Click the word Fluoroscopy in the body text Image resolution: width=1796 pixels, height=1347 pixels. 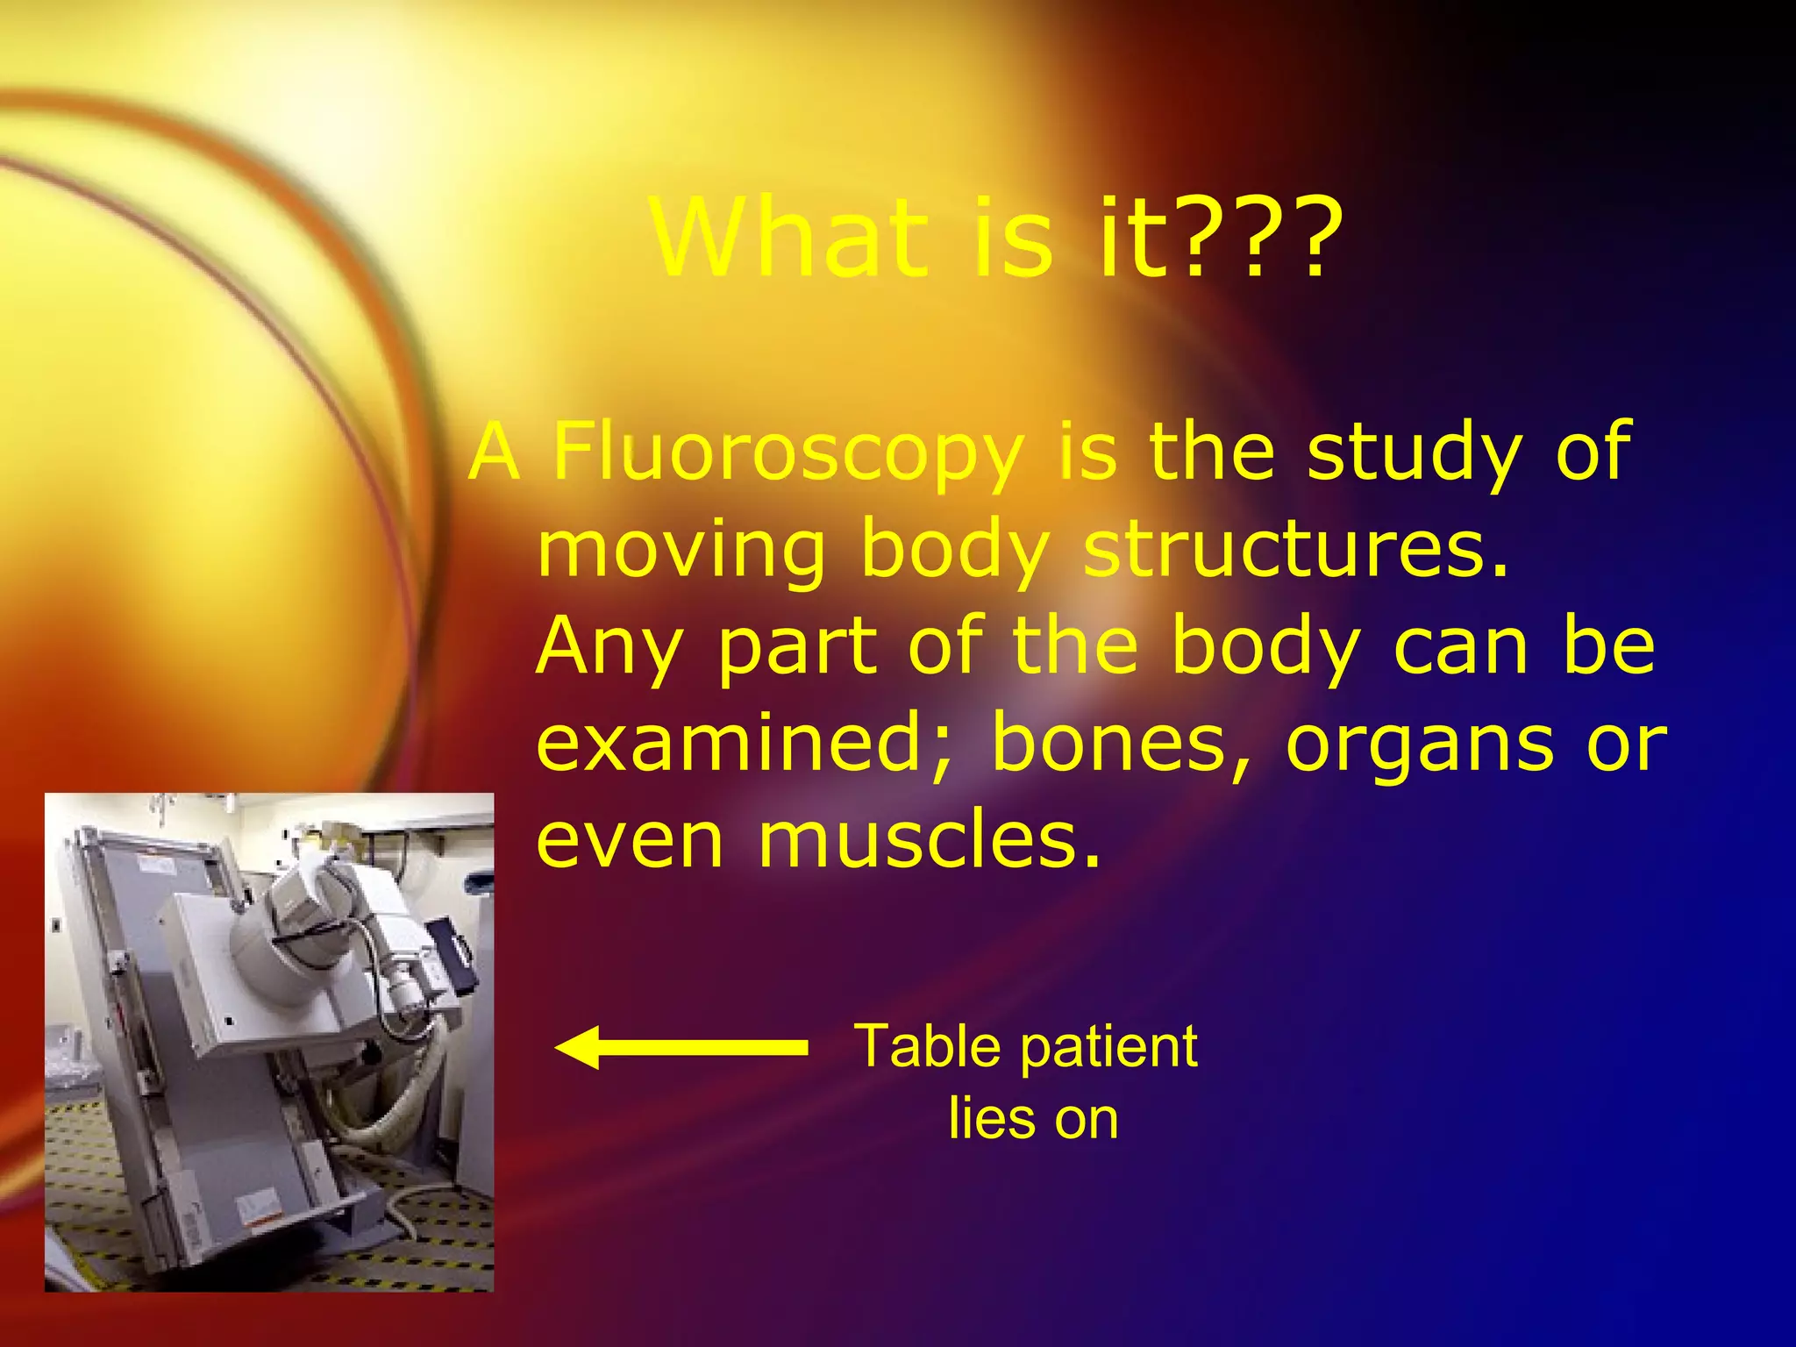coord(788,453)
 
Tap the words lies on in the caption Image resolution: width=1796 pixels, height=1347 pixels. coord(1033,1119)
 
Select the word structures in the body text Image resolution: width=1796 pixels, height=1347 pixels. coord(1295,550)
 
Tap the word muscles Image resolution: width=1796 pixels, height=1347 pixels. coord(928,840)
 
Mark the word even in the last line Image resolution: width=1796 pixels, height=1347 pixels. coord(630,840)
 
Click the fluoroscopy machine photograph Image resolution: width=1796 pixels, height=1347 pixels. coord(269,1042)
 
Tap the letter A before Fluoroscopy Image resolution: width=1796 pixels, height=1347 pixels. coord(495,453)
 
